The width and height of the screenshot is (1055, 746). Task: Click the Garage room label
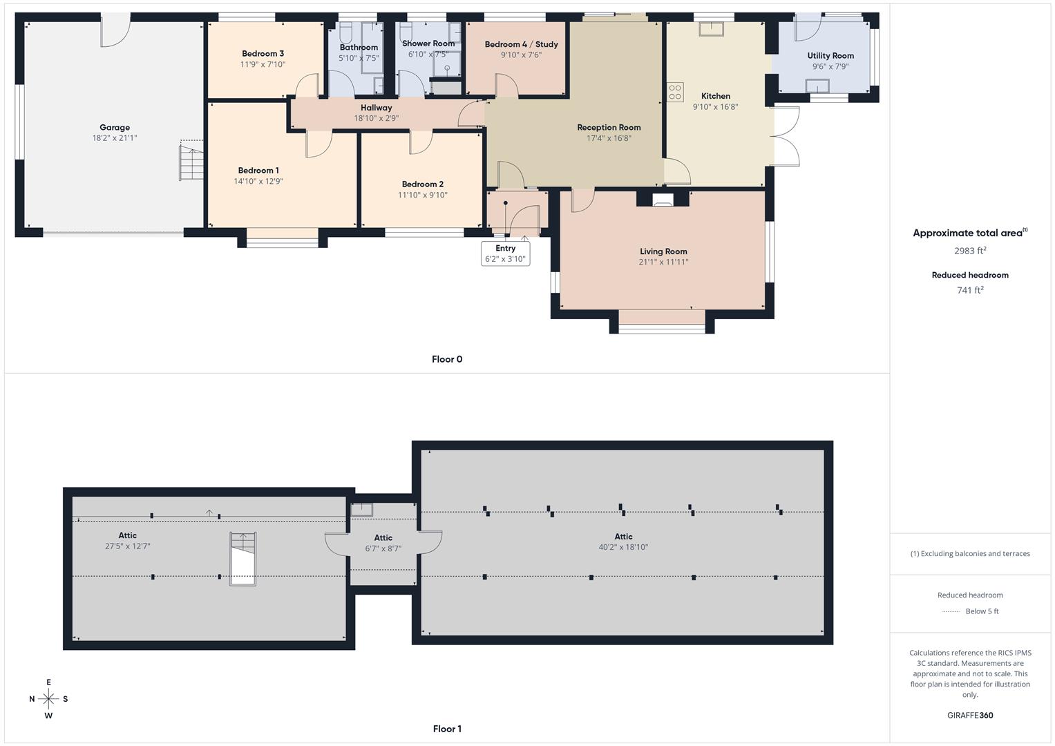coord(115,127)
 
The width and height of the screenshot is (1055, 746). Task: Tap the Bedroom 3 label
coord(263,53)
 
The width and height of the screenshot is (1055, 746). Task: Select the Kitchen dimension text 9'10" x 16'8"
coord(715,107)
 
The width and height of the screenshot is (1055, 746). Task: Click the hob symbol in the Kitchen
coord(675,93)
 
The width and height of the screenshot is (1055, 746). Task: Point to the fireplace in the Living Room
coord(663,200)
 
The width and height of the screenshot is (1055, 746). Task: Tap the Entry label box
coord(505,254)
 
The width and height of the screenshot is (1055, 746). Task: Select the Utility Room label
coord(830,56)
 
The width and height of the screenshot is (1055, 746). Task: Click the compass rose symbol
coord(48,699)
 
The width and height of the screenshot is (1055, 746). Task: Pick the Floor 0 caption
coord(447,359)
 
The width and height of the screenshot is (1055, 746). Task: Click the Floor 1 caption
coord(447,729)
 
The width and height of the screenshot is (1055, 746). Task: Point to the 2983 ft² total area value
coord(970,251)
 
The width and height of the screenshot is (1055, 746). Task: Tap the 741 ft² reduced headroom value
coord(970,290)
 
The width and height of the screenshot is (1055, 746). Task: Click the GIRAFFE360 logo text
coord(970,715)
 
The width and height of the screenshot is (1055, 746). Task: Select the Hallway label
coord(376,108)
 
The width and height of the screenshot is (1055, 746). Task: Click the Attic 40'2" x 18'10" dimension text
coord(623,547)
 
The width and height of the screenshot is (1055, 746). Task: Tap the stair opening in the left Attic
coord(243,559)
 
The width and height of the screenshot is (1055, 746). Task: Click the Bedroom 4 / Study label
coord(521,44)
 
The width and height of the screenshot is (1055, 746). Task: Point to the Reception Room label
coord(609,127)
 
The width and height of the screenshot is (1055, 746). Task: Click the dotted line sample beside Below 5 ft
coord(951,611)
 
